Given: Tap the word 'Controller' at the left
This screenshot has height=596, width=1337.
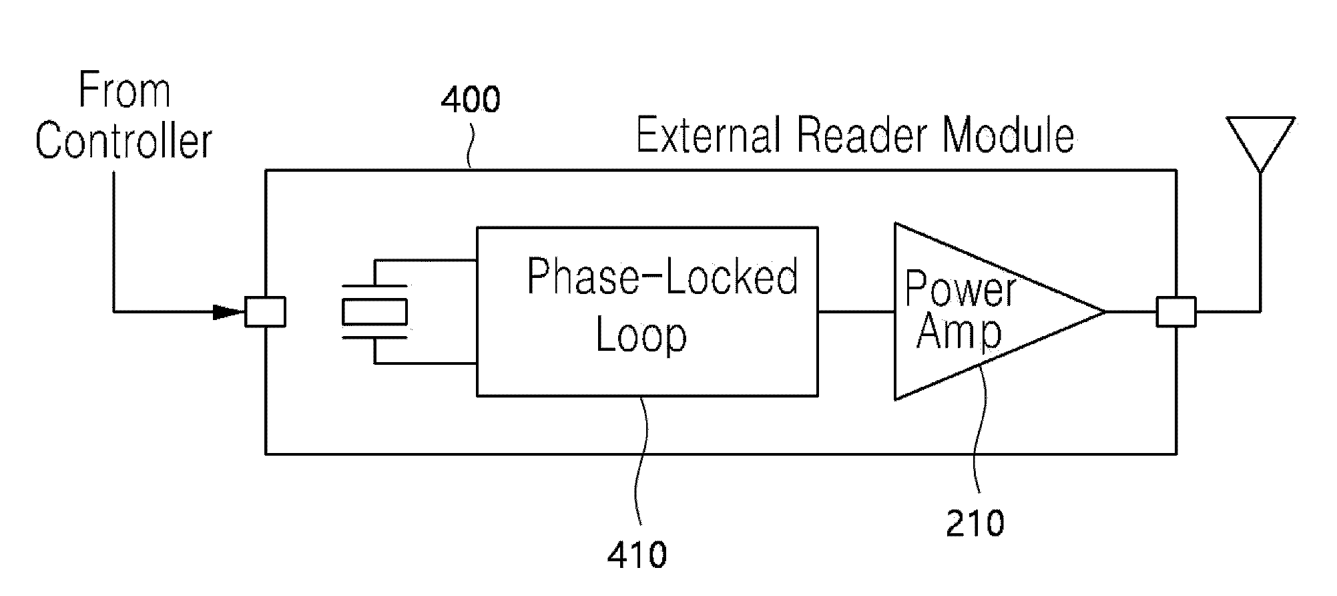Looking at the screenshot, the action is [124, 142].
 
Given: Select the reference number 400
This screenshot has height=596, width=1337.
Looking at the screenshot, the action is [471, 100].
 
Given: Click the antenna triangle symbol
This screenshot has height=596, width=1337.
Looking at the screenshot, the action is [1260, 144].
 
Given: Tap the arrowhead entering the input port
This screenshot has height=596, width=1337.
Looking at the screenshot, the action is [229, 311].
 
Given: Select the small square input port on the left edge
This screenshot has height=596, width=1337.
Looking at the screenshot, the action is [265, 311].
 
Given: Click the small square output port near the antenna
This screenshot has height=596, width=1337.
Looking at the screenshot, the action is [1176, 311].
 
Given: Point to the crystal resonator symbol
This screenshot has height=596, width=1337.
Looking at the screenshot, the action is [374, 311].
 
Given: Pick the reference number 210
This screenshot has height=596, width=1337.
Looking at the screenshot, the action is [975, 523].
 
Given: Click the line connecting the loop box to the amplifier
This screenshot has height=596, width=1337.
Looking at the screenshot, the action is [856, 311].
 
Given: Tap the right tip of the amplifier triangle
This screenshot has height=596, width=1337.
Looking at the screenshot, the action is [1105, 311].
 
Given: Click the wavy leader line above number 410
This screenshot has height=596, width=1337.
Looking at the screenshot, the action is [643, 461].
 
